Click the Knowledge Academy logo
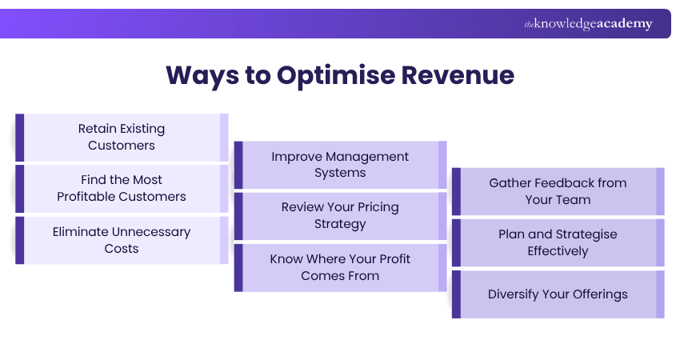tap(588, 24)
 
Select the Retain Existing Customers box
tap(122, 137)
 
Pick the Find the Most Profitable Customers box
tap(122, 188)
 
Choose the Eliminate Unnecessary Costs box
tap(122, 240)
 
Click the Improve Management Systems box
tap(340, 165)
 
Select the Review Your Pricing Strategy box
tap(340, 216)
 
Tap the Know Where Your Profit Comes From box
tap(340, 267)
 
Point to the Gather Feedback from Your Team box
tap(558, 191)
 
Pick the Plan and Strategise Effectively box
tap(558, 242)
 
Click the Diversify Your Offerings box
tap(558, 294)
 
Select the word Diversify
tap(517, 294)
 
